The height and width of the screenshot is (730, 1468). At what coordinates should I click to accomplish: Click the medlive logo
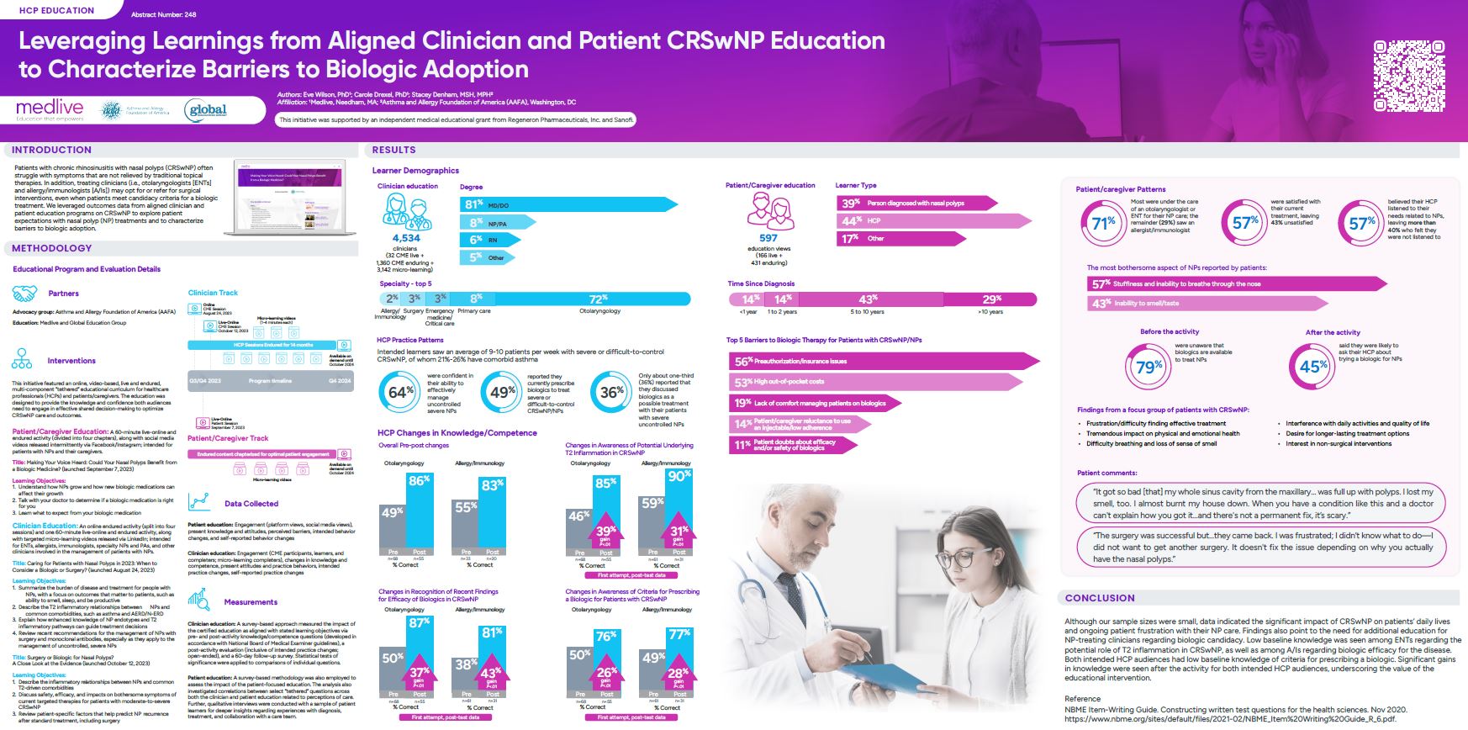tap(50, 109)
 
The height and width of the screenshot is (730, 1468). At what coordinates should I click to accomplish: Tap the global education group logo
tap(207, 110)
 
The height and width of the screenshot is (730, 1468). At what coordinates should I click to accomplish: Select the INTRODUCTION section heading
tap(51, 150)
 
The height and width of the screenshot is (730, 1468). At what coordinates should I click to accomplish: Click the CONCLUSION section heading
tap(1100, 598)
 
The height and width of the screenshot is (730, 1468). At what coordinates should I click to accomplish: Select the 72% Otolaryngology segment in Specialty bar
tap(599, 299)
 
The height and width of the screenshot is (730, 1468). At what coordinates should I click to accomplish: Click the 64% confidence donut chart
tap(401, 392)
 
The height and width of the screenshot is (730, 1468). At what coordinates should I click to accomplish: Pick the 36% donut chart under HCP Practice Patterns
tap(612, 392)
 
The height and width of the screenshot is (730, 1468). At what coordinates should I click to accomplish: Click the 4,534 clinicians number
tap(406, 239)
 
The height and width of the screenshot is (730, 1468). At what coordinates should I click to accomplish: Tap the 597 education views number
tap(768, 238)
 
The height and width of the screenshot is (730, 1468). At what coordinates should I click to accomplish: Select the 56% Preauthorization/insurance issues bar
tap(874, 361)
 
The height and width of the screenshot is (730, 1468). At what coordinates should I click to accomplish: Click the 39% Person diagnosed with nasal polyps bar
tap(916, 203)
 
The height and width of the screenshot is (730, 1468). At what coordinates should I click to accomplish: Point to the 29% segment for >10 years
tap(992, 299)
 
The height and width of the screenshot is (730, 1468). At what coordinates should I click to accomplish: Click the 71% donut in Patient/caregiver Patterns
tap(1103, 223)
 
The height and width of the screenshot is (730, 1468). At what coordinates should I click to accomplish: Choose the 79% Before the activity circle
tap(1148, 367)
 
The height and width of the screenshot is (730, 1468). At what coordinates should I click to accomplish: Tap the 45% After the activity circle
tap(1312, 367)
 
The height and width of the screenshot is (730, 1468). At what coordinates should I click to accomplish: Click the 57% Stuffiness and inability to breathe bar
tap(1236, 284)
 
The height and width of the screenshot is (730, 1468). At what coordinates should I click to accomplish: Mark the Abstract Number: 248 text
tap(164, 15)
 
